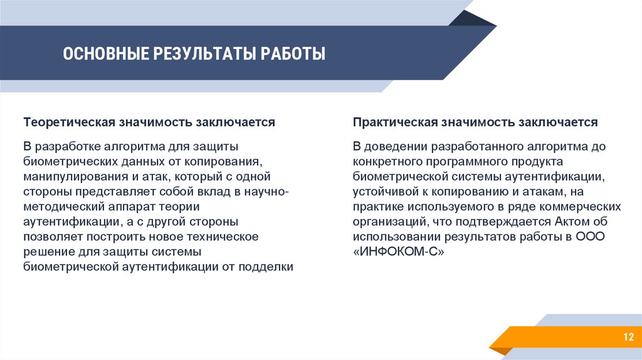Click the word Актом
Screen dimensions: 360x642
[572, 221]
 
